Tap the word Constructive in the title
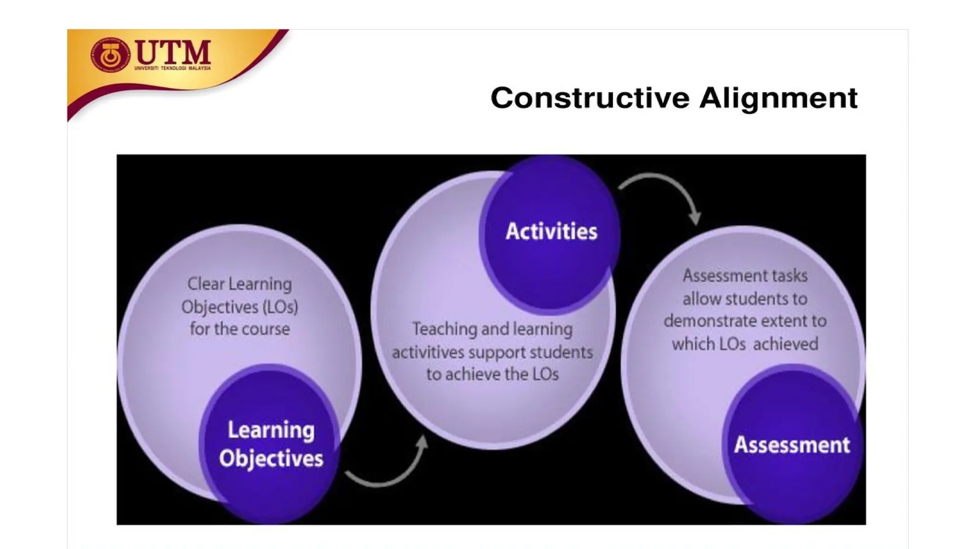click(590, 98)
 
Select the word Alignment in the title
click(779, 98)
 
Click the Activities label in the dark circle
click(551, 232)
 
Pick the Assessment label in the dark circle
click(792, 445)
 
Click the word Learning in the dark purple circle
click(271, 430)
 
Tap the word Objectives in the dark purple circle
click(271, 458)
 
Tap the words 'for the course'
click(240, 329)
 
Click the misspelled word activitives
click(427, 353)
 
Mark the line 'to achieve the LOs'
click(492, 375)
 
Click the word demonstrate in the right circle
click(710, 321)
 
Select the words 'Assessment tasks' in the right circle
click(745, 276)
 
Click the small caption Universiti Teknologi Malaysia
click(173, 69)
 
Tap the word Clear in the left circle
click(205, 285)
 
